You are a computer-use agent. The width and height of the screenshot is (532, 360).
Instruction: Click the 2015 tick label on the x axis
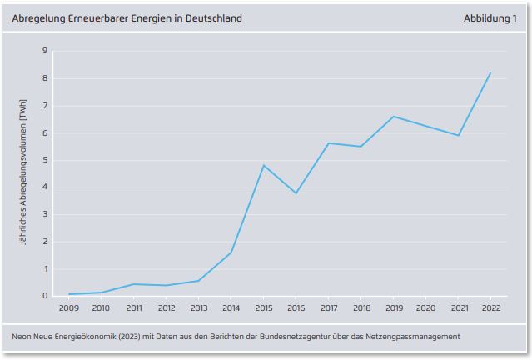point(263,308)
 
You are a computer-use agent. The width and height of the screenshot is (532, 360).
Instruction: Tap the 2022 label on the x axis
point(490,308)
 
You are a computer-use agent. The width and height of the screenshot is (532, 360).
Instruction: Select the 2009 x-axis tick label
point(67,308)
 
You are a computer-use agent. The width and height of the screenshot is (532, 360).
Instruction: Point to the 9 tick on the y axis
point(44,52)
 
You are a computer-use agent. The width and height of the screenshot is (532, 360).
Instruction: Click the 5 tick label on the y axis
point(44,161)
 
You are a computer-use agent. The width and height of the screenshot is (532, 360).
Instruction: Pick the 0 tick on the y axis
point(44,296)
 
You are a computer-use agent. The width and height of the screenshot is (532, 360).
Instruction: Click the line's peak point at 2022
point(490,73)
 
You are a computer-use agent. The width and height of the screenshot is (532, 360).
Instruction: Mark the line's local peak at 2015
point(263,165)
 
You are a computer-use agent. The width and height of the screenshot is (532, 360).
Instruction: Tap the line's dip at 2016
point(296,193)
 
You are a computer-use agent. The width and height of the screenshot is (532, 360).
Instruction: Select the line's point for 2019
point(393,117)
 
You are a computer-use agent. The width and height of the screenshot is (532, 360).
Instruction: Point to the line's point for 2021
point(458,135)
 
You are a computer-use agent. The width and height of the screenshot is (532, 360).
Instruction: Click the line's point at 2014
point(231,252)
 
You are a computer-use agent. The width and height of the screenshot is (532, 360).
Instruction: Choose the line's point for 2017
point(328,143)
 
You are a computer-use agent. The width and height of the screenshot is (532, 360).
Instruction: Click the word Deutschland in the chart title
point(211,17)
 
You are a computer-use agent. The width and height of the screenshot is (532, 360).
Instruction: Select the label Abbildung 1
point(490,17)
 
